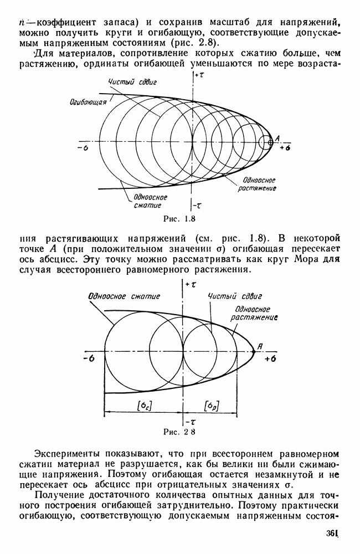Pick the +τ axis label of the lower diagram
point(191,284)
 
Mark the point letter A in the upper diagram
point(277,137)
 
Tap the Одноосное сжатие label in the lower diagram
point(124,295)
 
